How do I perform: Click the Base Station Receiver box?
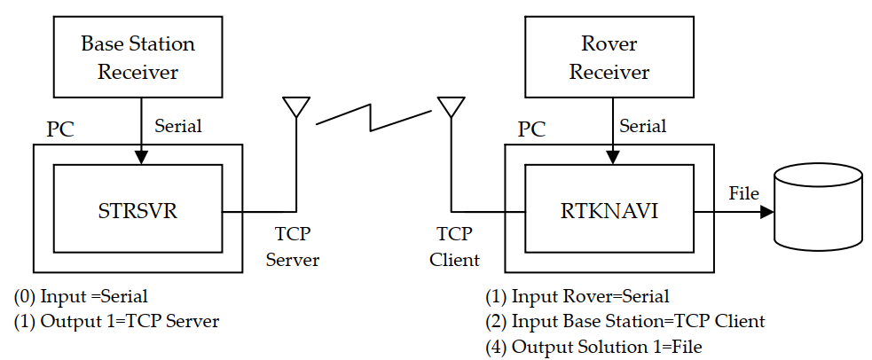[137, 57]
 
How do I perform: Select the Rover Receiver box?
[609, 57]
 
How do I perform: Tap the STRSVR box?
[137, 212]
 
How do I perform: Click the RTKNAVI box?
[609, 212]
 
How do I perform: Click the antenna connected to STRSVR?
[295, 106]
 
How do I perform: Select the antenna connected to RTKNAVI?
[450, 106]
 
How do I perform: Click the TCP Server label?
[292, 247]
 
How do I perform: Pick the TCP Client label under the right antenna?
[454, 247]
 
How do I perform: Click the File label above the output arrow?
[743, 192]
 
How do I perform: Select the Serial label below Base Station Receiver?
[177, 126]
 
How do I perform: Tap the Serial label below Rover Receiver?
[642, 126]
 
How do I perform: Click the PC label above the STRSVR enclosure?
[60, 129]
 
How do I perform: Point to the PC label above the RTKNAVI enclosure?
[531, 129]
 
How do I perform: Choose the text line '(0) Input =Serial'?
[81, 296]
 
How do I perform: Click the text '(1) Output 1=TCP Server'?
[116, 321]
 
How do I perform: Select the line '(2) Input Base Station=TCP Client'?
[625, 321]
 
